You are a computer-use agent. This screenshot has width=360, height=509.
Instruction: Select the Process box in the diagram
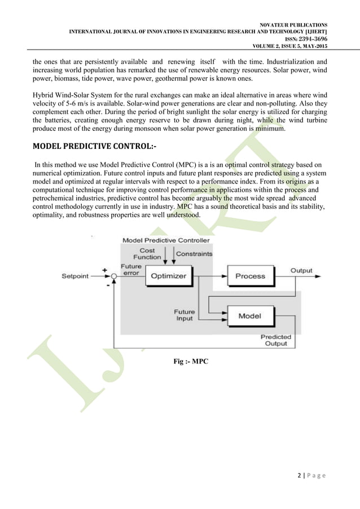(250, 276)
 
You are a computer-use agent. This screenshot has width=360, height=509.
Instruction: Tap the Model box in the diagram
(249, 316)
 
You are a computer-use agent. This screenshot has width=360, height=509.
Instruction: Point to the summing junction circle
(114, 277)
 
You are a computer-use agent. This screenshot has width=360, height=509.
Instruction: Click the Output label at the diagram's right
(301, 270)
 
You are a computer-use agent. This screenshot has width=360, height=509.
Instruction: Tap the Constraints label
(194, 254)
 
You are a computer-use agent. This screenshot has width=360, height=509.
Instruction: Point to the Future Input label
(184, 314)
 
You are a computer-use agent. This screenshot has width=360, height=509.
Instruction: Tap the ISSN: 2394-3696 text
(308, 38)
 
